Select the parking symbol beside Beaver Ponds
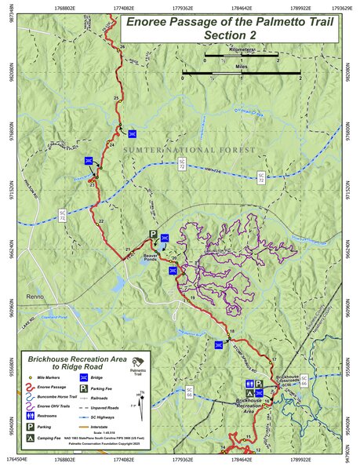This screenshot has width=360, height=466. pyautogui.click(x=155, y=235)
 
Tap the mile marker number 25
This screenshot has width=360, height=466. pyautogui.click(x=117, y=97)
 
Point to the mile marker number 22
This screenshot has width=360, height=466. pyautogui.click(x=100, y=223)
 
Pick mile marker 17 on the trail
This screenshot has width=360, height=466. pyautogui.click(x=274, y=359)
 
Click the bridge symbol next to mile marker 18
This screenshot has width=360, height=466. pyautogui.click(x=216, y=343)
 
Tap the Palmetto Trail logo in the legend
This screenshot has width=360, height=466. pyautogui.click(x=138, y=363)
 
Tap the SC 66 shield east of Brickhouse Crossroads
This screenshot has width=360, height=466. pyautogui.click(x=304, y=380)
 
